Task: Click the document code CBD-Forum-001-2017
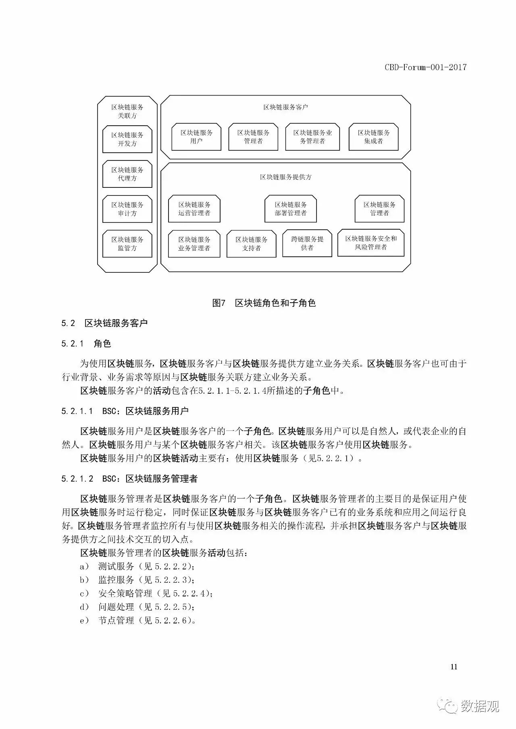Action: (x=425, y=67)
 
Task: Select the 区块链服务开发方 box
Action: (x=127, y=139)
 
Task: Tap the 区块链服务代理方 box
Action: (x=127, y=174)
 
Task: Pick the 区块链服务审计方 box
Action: (x=127, y=209)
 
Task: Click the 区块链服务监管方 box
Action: (x=127, y=244)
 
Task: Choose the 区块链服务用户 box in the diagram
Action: (x=196, y=137)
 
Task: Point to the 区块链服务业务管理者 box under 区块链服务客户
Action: (x=312, y=137)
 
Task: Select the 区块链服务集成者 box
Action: (x=373, y=137)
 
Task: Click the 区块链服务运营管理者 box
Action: (x=194, y=209)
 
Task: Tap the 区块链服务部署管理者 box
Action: (x=291, y=209)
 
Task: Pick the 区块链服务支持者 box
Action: (x=251, y=244)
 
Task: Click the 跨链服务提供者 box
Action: (x=307, y=243)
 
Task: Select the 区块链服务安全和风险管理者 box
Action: (x=371, y=243)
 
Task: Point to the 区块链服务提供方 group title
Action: (x=285, y=177)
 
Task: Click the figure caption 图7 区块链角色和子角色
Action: (x=264, y=303)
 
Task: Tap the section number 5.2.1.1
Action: (x=77, y=411)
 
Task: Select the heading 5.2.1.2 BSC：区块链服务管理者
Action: (x=129, y=479)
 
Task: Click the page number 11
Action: (x=454, y=667)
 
